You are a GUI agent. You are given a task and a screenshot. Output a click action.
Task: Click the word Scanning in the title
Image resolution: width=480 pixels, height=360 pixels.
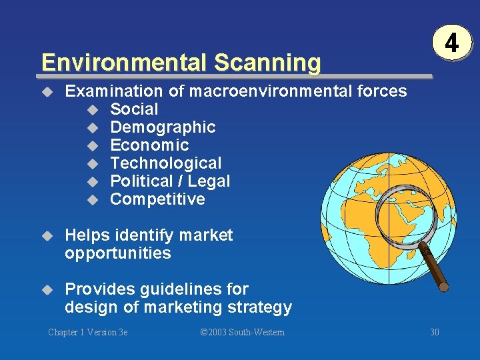267,63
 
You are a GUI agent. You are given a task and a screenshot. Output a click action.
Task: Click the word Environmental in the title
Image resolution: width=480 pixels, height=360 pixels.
124,63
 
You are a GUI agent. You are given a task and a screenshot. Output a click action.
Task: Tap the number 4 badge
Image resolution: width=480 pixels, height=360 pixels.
451,44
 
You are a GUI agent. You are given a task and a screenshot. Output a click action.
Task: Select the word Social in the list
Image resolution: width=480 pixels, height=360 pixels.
134,109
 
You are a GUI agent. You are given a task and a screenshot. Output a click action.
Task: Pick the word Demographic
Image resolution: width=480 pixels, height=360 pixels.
163,127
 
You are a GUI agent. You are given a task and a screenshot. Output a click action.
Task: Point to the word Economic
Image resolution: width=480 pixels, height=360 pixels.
149,145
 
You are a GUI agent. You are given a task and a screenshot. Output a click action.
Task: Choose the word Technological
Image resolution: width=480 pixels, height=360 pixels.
165,163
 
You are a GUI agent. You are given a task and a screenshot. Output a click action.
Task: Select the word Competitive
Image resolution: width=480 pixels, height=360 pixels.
157,199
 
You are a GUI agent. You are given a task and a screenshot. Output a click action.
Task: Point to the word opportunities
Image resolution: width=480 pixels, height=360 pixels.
118,253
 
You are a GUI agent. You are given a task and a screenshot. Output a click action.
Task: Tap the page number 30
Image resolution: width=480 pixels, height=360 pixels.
434,332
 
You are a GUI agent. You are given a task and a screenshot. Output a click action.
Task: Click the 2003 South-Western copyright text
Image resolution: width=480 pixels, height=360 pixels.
242,332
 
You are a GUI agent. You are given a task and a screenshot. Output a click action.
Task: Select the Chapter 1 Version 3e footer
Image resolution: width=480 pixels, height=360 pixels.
87,332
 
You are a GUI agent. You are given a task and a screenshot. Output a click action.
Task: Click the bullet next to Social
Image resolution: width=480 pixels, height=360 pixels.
93,109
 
